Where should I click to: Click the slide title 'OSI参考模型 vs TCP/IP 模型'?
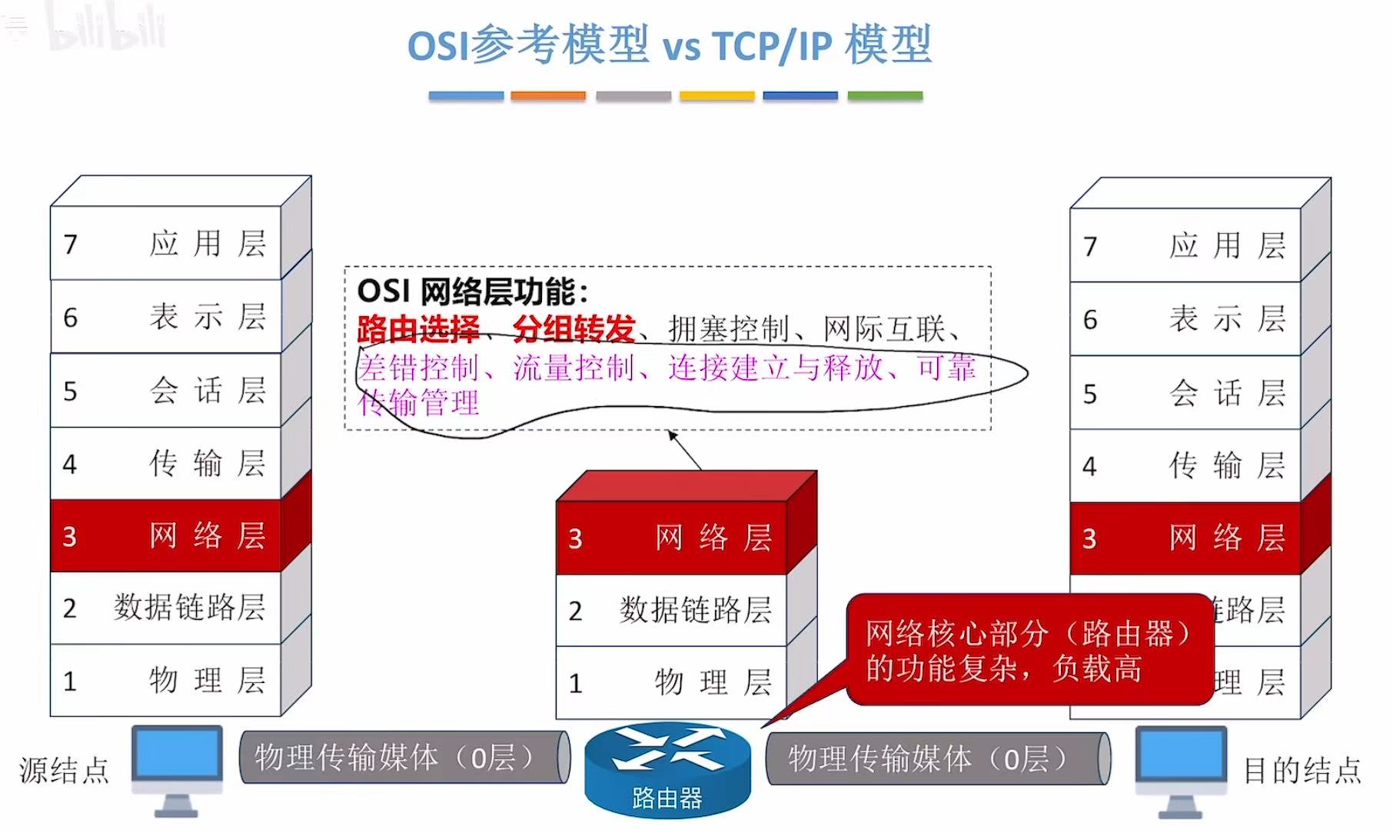tap(669, 45)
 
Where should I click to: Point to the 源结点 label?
tap(65, 770)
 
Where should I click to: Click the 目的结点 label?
tap(1302, 770)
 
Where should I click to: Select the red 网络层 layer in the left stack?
tap(165, 535)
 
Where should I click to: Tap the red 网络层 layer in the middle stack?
tap(671, 538)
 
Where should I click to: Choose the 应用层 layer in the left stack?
tap(165, 243)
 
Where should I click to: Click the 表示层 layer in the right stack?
tap(1185, 318)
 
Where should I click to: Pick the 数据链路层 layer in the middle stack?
tap(671, 610)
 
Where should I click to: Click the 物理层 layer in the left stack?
tap(165, 681)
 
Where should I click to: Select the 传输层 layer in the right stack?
tap(1185, 465)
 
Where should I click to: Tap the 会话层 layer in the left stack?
tap(165, 390)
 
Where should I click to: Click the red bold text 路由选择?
tap(417, 329)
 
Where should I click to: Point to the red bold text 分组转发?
tap(573, 329)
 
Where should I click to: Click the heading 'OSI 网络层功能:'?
tap(473, 292)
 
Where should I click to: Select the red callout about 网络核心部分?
tap(1029, 650)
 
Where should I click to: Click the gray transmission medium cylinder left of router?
tap(404, 758)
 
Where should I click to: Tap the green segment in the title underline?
tap(885, 96)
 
